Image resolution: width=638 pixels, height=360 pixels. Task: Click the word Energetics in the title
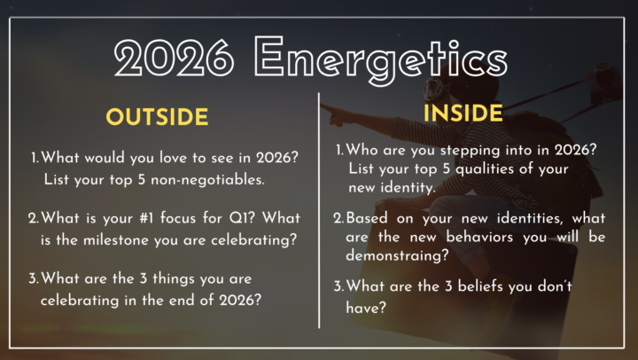(x=381, y=58)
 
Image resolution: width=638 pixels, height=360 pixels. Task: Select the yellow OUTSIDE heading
(x=157, y=117)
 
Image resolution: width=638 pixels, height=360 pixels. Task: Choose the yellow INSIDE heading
(x=463, y=113)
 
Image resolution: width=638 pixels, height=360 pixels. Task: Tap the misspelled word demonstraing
(x=393, y=256)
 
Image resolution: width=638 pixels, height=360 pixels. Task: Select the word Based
(x=367, y=217)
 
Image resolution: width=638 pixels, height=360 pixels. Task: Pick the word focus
(x=189, y=218)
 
